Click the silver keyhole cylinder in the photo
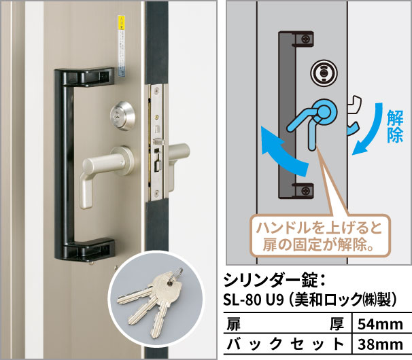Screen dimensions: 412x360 [122, 115]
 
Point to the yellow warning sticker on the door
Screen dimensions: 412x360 [121, 22]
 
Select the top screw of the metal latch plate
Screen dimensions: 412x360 [157, 91]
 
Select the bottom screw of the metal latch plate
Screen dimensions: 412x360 [157, 194]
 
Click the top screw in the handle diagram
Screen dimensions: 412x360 [306, 39]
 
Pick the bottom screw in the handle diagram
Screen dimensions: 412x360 [306, 190]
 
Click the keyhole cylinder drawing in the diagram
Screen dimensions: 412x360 [324, 73]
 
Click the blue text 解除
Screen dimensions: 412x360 [395, 127]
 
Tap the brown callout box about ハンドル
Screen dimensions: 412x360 [320, 236]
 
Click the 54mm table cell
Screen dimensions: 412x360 [380, 324]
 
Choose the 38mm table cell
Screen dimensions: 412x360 [380, 344]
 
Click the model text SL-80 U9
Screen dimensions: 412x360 [254, 300]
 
